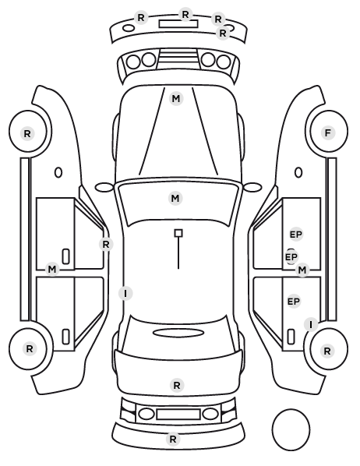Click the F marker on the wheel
pos(328,132)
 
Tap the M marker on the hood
pos(176,99)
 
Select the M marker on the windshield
pos(175,198)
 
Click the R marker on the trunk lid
pos(177,386)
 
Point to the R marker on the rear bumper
pos(173,439)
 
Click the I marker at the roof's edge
pos(125,294)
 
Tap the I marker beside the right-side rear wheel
pos(311,324)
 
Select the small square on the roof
pos(178,233)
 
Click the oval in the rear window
pos(178,333)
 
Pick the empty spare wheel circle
pos(291,429)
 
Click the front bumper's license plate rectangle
pos(178,24)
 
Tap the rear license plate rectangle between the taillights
pos(178,415)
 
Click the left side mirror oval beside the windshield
pos(104,187)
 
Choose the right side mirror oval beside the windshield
pos(252,187)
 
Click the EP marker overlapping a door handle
pos(291,257)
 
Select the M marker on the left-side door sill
pos(52,270)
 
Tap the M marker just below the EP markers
pos(302,270)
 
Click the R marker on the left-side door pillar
pos(106,244)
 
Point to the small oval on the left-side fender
pos(58,173)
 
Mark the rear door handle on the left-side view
pos(65,337)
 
